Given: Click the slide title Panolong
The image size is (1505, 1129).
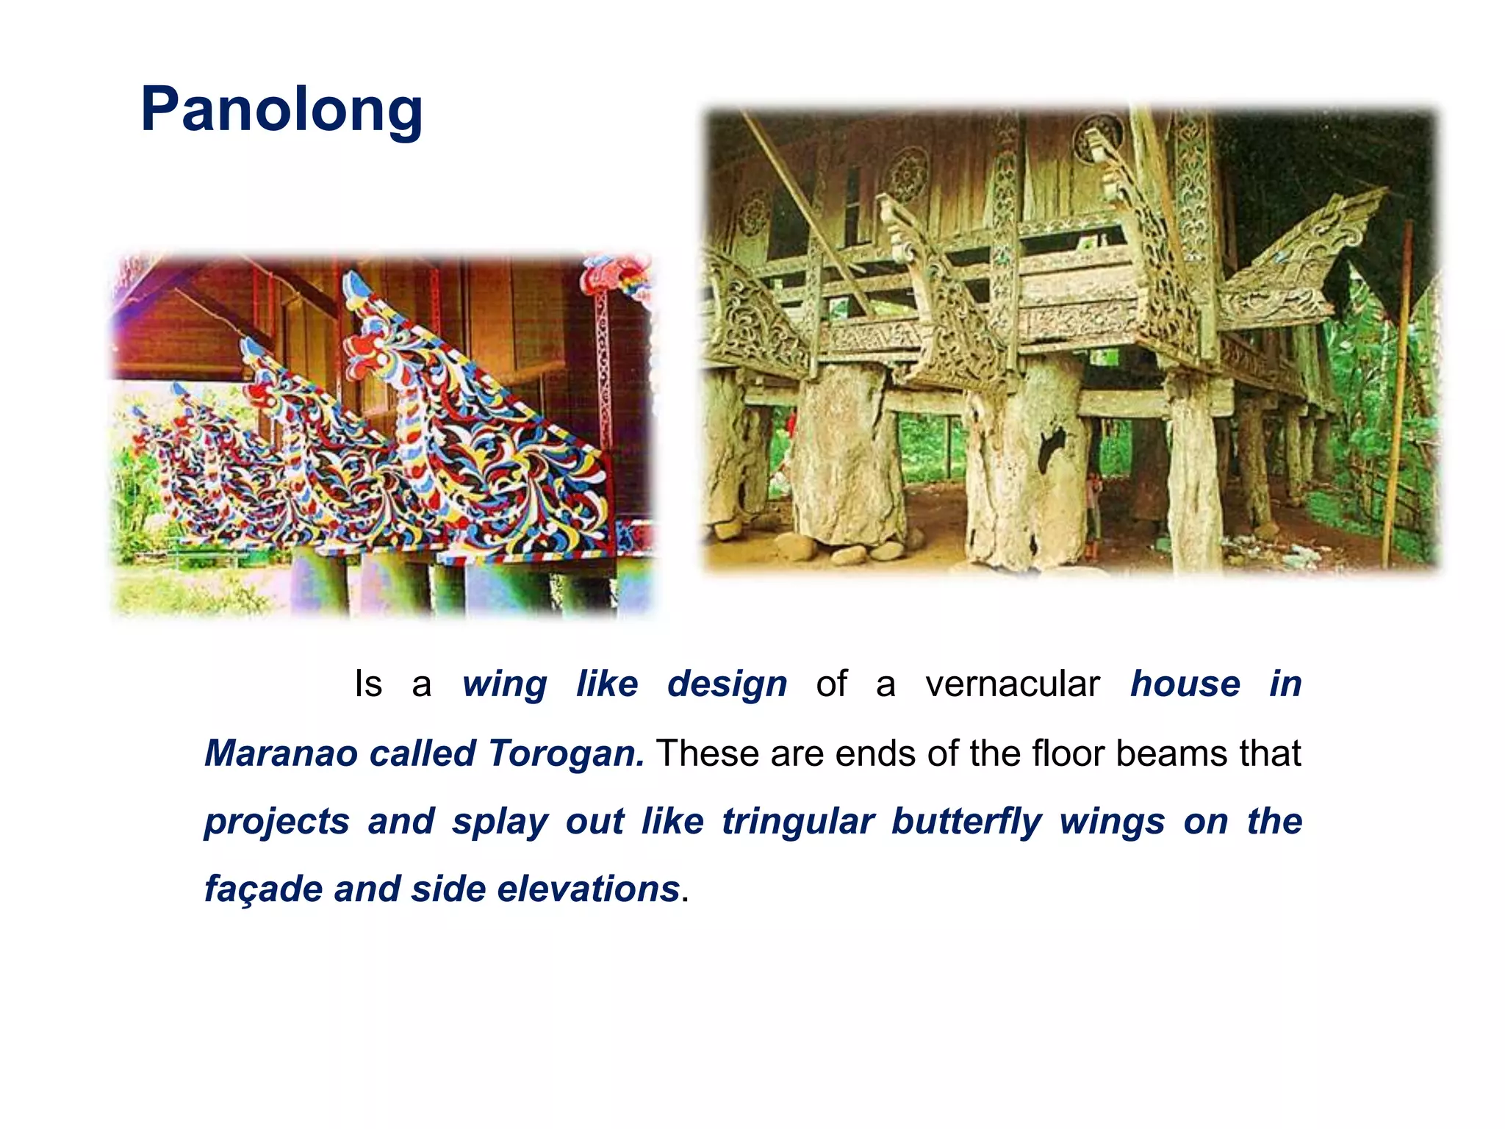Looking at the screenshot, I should click(x=281, y=110).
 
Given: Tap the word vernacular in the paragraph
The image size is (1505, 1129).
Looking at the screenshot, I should click(x=1012, y=684).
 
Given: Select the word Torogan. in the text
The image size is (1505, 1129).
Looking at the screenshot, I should click(x=566, y=753).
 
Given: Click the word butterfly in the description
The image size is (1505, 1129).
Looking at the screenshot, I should click(x=966, y=821).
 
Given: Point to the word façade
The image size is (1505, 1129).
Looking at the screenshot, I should click(x=263, y=889).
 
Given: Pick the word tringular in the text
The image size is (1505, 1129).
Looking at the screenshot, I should click(x=798, y=821).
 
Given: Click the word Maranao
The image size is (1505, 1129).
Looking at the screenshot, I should click(x=281, y=753).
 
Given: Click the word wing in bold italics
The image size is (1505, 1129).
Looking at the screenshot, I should click(x=504, y=684).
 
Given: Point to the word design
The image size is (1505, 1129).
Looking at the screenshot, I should click(x=727, y=684).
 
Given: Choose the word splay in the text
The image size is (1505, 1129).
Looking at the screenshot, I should click(x=500, y=821).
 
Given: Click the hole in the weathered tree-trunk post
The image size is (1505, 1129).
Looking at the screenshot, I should click(x=1052, y=448).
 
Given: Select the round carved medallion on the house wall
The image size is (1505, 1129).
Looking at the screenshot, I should click(x=908, y=175).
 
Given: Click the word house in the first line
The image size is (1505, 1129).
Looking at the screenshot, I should click(x=1185, y=684).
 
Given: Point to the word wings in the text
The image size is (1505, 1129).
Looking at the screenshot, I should click(x=1112, y=821).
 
